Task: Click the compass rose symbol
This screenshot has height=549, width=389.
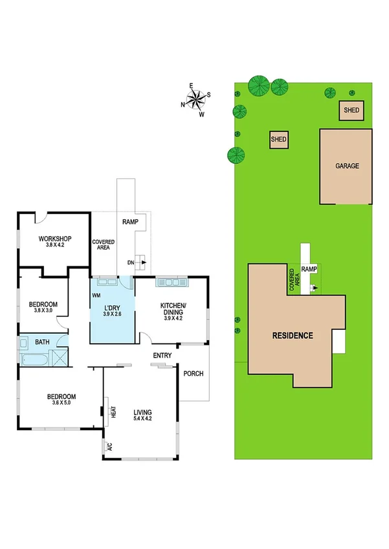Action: [x=196, y=98]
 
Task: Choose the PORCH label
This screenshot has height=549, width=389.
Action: [x=194, y=374]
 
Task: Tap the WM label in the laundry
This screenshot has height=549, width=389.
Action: [x=96, y=295]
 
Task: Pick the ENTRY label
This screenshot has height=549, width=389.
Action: [x=162, y=356]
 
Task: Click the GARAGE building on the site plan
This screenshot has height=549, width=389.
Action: [x=346, y=166]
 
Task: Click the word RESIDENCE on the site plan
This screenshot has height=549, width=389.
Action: [x=293, y=336]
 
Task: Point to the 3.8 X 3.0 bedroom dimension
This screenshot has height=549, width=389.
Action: [x=43, y=311]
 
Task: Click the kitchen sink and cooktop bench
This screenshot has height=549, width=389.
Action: [x=172, y=282]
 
